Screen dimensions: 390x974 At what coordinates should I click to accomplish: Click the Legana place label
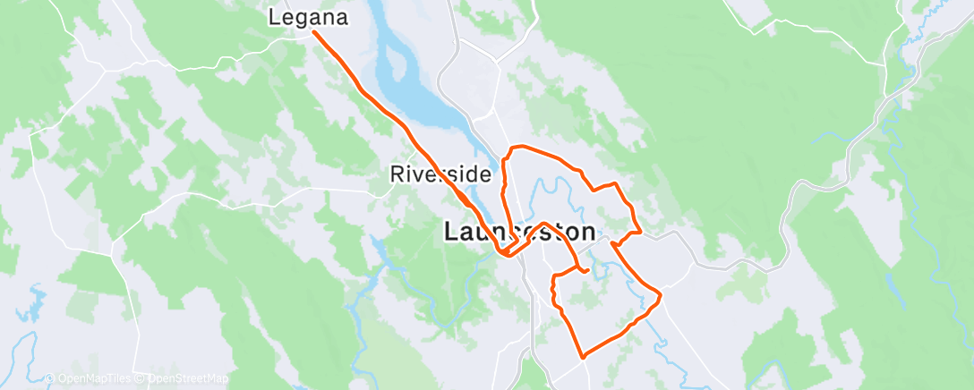point(309,16)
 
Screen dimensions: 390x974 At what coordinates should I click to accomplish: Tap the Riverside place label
point(441,174)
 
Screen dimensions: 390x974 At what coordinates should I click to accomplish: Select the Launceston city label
point(519,233)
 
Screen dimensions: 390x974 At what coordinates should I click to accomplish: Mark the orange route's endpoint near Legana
point(314,33)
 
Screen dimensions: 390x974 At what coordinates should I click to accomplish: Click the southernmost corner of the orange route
point(584,357)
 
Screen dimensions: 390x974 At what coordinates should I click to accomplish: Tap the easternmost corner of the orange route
point(660,293)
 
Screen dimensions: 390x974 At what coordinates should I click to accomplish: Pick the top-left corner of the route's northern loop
point(511,148)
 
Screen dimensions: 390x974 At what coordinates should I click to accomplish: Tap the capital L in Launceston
point(453,233)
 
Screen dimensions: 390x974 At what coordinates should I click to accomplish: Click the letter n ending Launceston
point(586,233)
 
